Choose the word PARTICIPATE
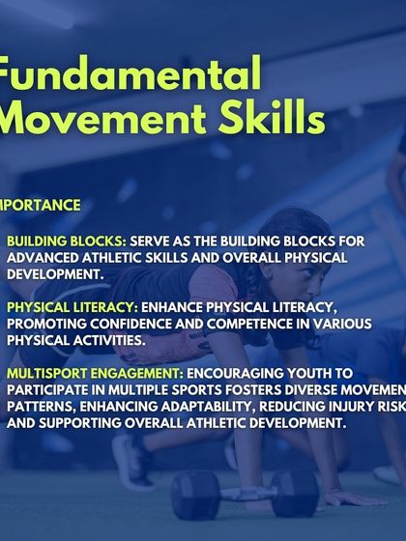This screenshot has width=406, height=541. coord(49,387)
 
